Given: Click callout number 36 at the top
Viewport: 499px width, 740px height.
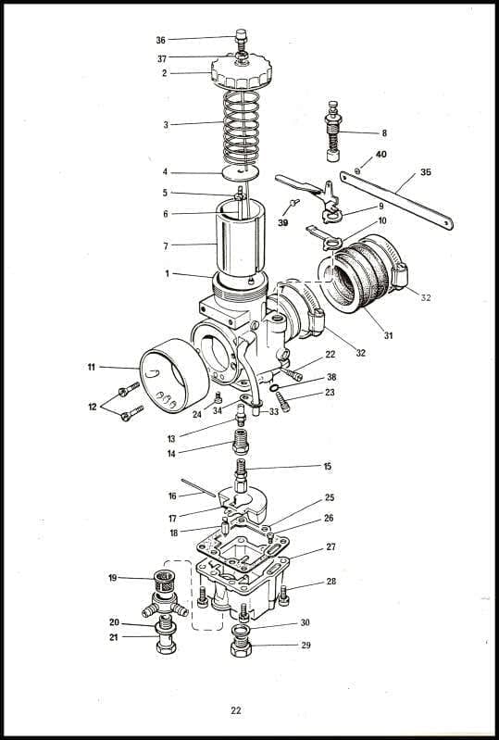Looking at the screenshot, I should (x=161, y=40).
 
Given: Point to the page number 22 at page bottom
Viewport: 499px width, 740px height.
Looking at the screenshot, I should (x=236, y=710).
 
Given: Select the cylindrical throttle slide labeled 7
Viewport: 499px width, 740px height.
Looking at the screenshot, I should (x=243, y=243).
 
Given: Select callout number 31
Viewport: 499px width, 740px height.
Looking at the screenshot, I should (x=388, y=335).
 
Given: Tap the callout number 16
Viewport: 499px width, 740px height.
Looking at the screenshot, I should (x=172, y=495).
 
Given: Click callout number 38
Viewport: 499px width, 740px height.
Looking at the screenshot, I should (x=331, y=377).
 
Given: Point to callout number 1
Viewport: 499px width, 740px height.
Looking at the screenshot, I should (x=168, y=273).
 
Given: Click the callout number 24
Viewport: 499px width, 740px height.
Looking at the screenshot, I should (x=197, y=414).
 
